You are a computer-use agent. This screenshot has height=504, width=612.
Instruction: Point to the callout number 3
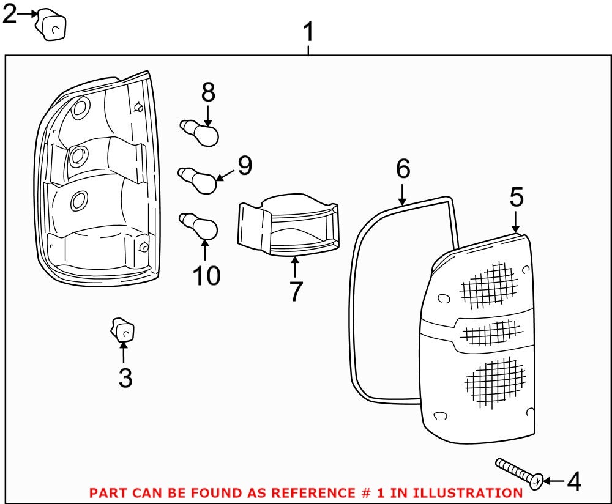[x=125, y=378]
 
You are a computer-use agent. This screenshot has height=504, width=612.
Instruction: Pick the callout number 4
[x=573, y=482]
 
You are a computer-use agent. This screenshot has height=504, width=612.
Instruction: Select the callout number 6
[x=402, y=168]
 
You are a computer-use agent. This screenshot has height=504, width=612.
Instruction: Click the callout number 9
[x=245, y=165]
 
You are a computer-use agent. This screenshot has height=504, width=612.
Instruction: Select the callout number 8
[x=208, y=92]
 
